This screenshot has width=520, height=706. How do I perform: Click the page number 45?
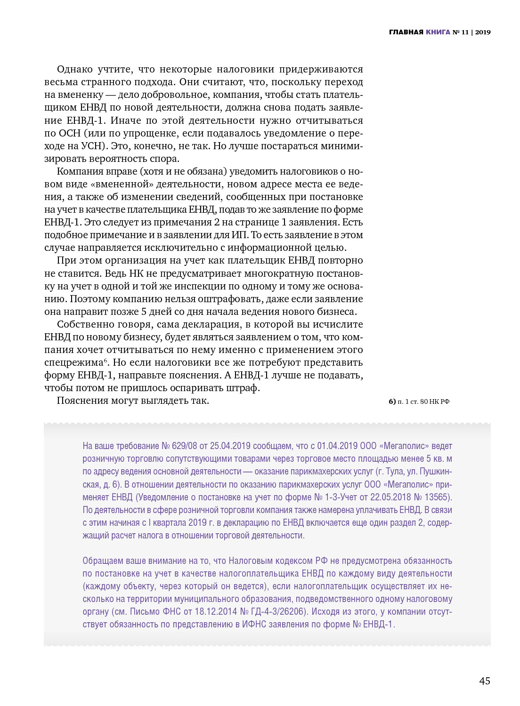484,681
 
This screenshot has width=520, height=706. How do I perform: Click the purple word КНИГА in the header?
438,32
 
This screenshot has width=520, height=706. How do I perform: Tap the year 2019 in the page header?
483,32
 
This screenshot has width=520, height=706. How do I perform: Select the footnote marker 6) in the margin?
392,401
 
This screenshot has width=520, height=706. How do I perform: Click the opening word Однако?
75,69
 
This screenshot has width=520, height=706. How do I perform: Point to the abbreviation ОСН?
69,133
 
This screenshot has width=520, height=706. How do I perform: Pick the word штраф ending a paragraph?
244,388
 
